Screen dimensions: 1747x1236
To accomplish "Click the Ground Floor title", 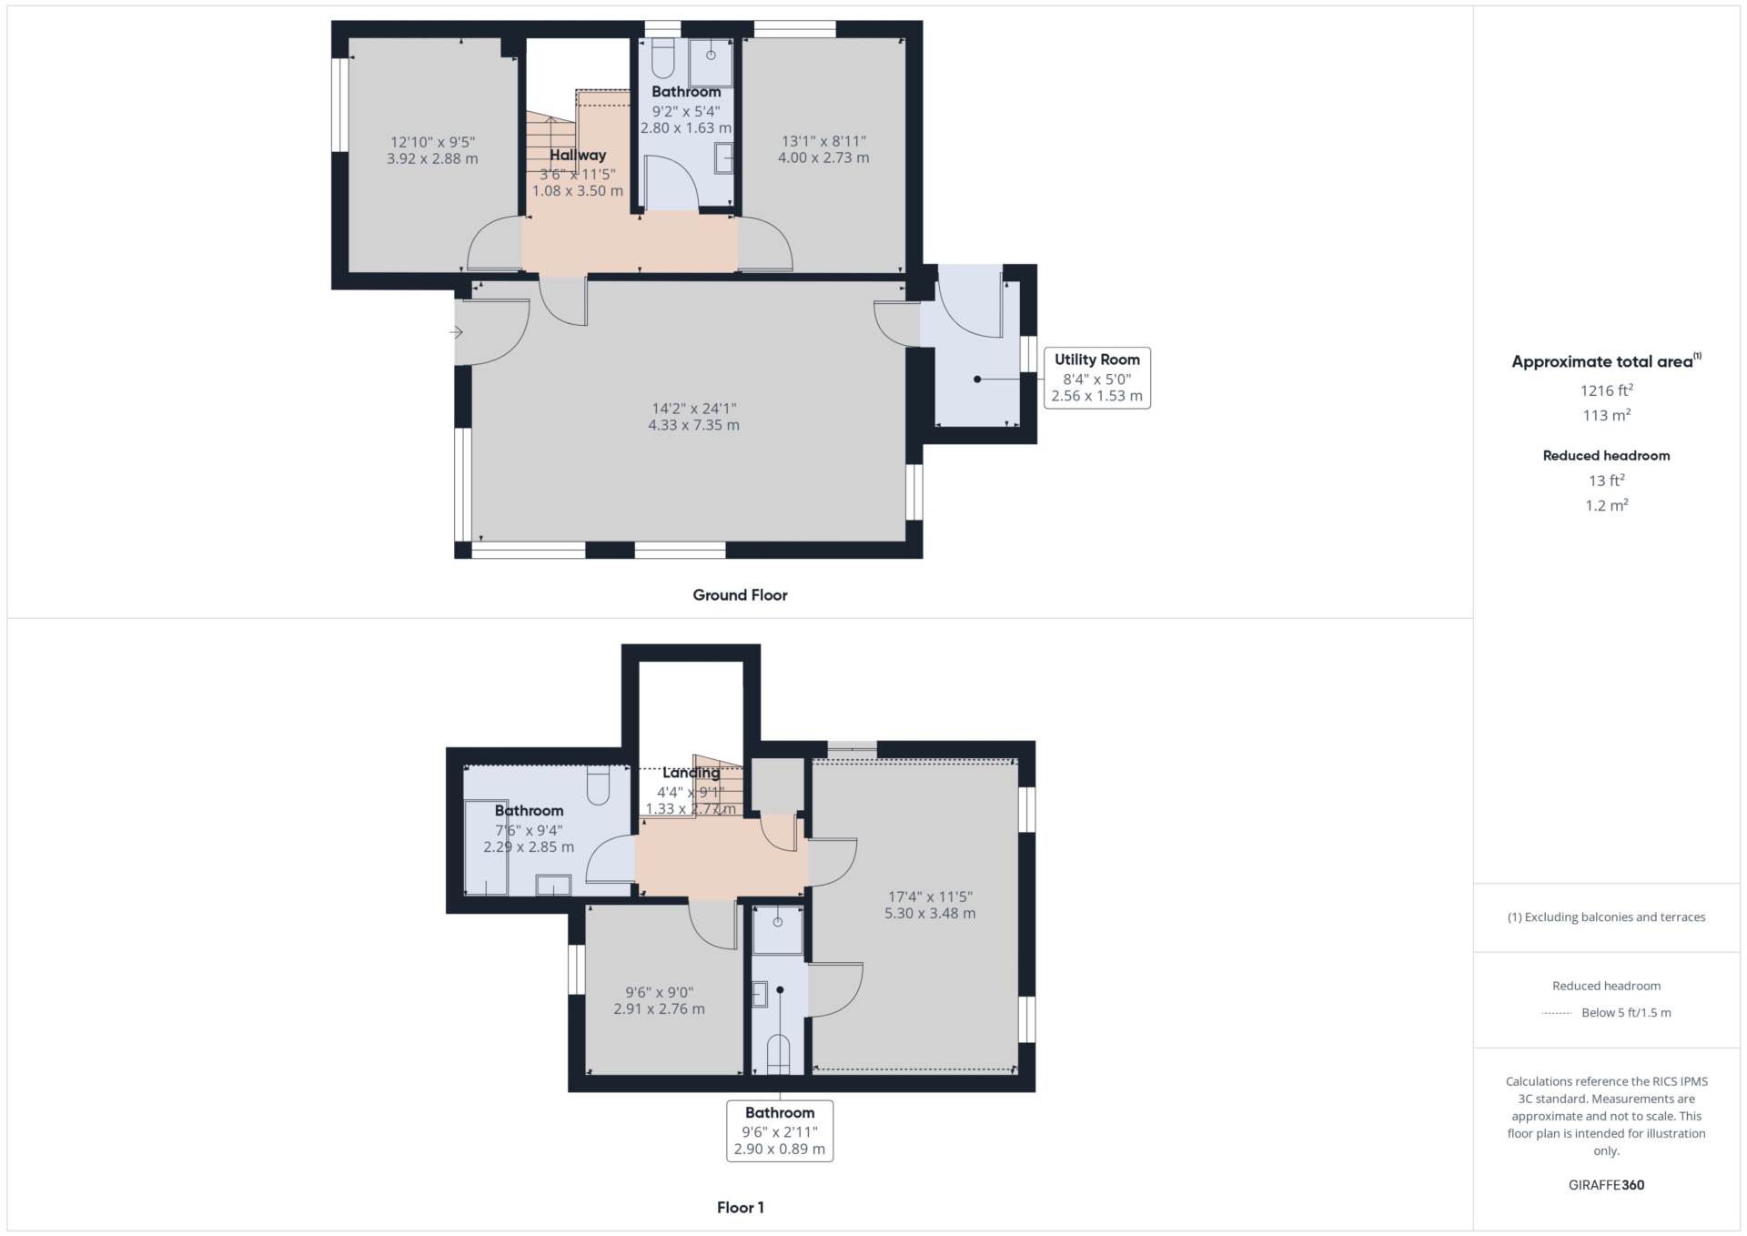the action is point(740,595).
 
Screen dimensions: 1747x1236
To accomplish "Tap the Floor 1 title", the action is point(740,1208).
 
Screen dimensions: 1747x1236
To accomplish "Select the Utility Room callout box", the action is point(1096,378).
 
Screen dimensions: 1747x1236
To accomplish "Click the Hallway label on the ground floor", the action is point(578,156).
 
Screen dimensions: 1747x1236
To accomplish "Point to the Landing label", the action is point(692,773).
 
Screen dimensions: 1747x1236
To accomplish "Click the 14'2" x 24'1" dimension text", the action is point(693,409).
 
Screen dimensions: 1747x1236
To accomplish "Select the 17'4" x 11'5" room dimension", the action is point(930,897).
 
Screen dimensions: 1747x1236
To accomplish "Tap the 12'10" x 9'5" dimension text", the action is point(432,142).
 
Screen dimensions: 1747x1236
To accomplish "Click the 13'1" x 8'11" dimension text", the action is point(823,141).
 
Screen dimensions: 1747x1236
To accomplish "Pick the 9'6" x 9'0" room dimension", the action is point(659,992).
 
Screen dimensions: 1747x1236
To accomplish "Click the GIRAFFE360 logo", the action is point(1606,1185).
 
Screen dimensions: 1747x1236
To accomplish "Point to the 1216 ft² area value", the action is point(1606,390).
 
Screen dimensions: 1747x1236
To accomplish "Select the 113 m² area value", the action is point(1606,415).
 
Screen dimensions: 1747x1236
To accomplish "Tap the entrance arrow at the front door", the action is point(456,332).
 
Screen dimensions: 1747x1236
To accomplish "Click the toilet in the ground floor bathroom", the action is point(663,58).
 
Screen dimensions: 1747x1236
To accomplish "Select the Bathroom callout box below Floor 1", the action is point(780,1130).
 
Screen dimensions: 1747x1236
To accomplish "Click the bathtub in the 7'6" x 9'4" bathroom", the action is point(486,846).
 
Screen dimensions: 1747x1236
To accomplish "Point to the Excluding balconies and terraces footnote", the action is point(1606,917).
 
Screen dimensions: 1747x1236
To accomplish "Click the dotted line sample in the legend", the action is point(1557,1013).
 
